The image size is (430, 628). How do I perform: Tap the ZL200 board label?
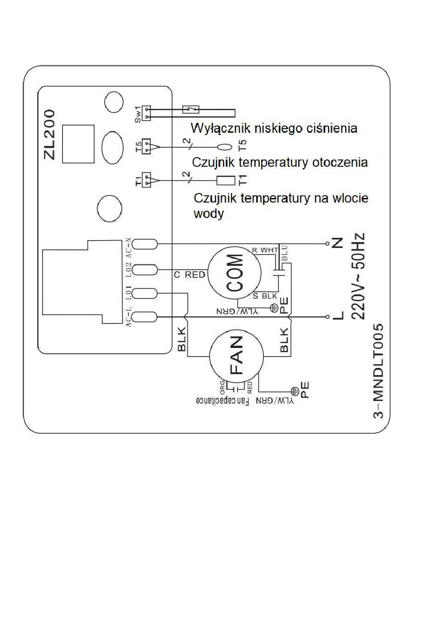click(50, 135)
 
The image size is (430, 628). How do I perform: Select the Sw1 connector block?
click(146, 113)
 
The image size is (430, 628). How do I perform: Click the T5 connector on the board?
click(146, 146)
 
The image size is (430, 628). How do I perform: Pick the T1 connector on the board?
click(146, 180)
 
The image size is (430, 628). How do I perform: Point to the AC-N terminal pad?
click(144, 244)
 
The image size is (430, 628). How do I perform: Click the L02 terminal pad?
click(144, 270)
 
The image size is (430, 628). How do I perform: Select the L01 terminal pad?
click(144, 294)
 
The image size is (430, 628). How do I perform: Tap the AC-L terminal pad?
click(144, 317)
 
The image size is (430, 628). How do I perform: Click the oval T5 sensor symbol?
click(225, 147)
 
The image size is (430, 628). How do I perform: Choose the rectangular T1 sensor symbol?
click(226, 180)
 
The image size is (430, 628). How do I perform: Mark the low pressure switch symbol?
click(191, 109)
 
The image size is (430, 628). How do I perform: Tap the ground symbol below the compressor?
click(274, 308)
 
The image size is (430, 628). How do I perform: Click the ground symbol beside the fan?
click(294, 390)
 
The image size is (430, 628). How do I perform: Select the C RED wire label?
click(190, 275)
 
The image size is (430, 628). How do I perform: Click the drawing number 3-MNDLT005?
click(378, 371)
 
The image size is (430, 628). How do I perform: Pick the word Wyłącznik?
click(220, 128)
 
